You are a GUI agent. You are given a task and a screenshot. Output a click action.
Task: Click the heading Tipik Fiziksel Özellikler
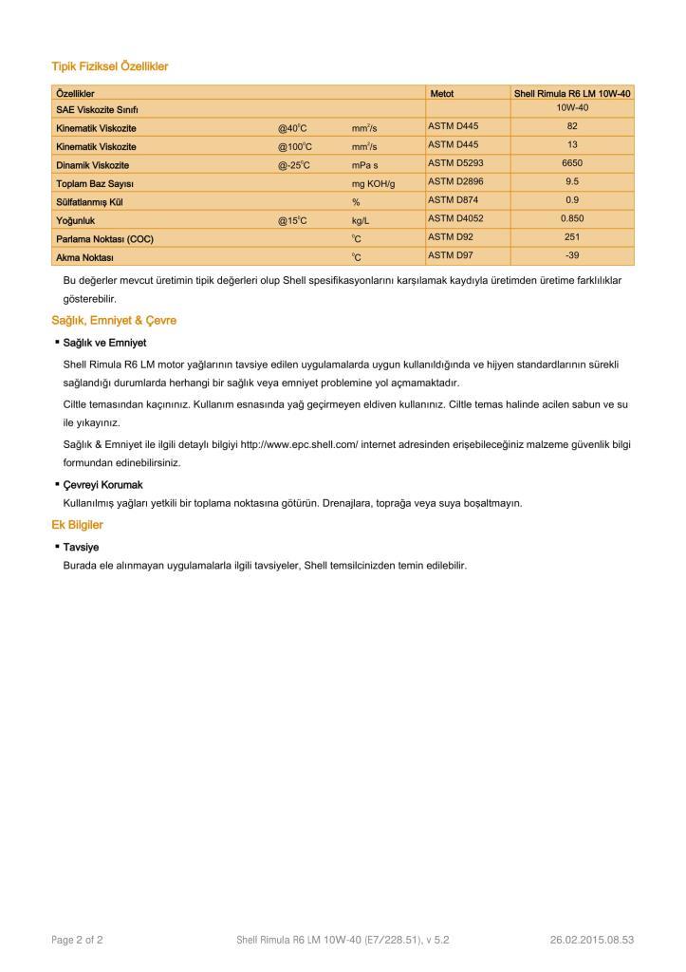click(109, 66)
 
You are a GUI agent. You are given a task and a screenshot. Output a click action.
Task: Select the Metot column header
click(442, 94)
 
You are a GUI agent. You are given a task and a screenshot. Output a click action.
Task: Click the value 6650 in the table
click(572, 163)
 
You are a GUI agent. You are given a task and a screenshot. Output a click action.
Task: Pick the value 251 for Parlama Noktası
click(572, 236)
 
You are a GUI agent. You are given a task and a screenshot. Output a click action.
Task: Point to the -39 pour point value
click(572, 255)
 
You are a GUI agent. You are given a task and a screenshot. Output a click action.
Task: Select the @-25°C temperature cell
click(294, 164)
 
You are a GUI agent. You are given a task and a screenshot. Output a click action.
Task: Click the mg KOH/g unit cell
click(373, 182)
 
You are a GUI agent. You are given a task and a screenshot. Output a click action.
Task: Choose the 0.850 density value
click(572, 218)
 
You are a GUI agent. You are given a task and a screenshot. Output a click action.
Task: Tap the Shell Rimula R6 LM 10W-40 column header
click(572, 94)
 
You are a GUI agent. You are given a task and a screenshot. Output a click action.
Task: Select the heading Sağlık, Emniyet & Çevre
click(114, 321)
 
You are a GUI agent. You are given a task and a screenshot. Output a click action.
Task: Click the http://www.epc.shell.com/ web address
click(299, 444)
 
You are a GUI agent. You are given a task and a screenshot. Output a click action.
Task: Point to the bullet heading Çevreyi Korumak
click(102, 485)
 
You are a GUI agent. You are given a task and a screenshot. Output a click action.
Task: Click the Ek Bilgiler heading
click(77, 525)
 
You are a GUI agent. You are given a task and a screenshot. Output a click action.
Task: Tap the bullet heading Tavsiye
click(81, 547)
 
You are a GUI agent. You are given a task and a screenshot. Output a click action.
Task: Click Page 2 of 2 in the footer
click(77, 940)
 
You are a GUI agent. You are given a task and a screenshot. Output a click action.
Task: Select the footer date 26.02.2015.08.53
click(591, 940)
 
